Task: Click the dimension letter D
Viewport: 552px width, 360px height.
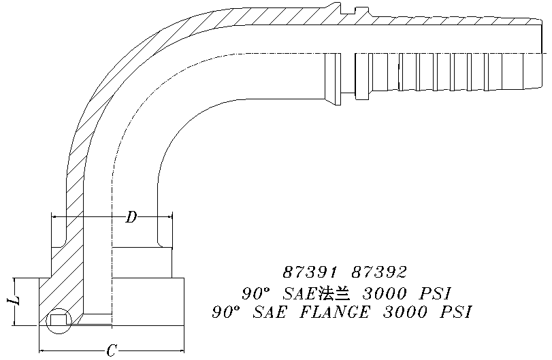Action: tap(131, 217)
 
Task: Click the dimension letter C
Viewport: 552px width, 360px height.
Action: tap(112, 350)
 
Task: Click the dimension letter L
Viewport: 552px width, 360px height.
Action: tap(14, 300)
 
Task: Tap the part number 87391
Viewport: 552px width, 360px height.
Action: tap(310, 272)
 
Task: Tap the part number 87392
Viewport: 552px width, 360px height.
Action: tap(380, 272)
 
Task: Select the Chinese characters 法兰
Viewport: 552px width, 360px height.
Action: tap(334, 293)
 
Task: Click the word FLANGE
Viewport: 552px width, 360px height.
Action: tap(335, 312)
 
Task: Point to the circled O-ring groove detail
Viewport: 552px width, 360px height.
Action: tap(59, 321)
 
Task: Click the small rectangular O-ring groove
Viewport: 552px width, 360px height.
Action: tap(58, 320)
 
